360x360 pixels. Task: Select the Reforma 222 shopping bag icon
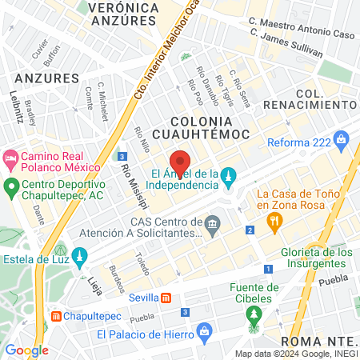tap(342, 140)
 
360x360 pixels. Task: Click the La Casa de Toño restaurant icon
tap(274, 222)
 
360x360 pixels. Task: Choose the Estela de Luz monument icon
tap(78, 257)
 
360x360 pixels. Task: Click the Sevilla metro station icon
tap(166, 298)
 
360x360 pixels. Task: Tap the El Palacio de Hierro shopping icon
tap(205, 330)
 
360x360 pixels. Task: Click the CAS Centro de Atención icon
tap(212, 222)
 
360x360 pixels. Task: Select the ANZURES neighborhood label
tap(46, 78)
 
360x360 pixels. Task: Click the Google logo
tap(26, 350)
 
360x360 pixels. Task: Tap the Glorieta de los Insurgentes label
tap(306, 258)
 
